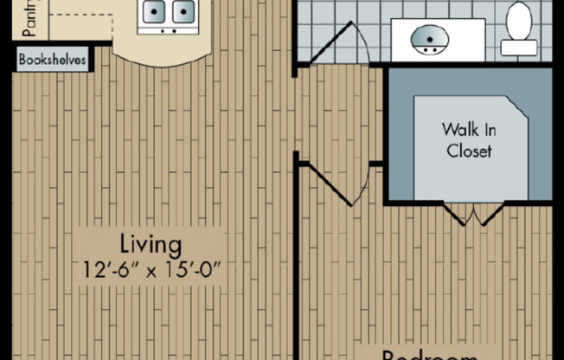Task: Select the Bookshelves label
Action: (51, 61)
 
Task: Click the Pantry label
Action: (29, 20)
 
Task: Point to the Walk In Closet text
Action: (469, 140)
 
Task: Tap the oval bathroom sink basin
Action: (428, 39)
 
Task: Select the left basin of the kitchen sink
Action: (154, 12)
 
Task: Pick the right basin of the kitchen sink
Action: (183, 12)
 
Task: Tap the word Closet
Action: (469, 151)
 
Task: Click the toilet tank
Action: (519, 47)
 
